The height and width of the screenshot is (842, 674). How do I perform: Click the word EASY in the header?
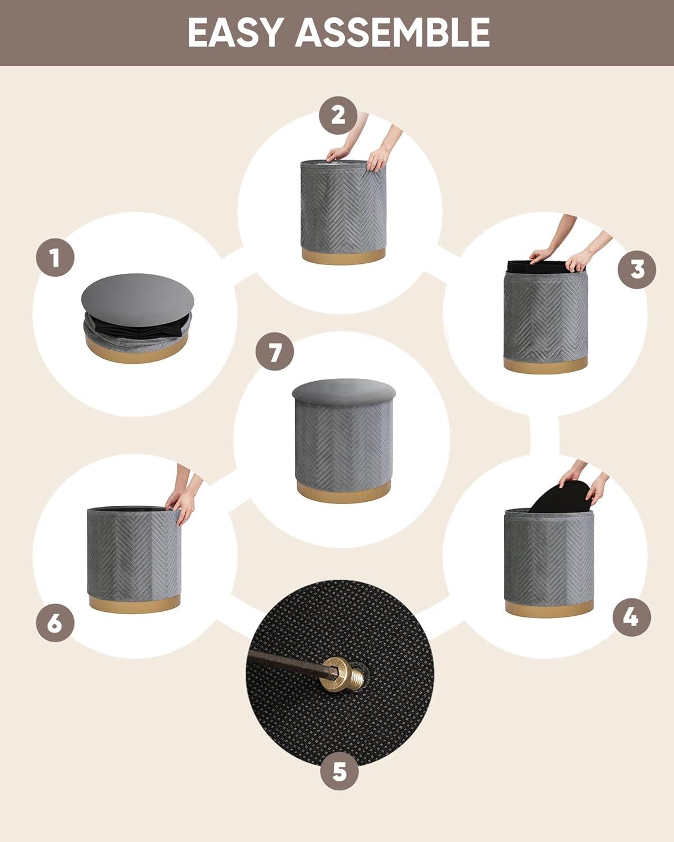click(x=234, y=33)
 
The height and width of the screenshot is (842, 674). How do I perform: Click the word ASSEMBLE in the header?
click(x=393, y=33)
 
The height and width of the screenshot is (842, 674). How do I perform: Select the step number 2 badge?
click(x=338, y=115)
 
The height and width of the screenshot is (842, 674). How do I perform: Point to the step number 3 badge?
click(x=637, y=269)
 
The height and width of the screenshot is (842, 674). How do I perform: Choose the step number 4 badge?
click(x=631, y=617)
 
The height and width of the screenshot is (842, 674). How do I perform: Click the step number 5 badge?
click(x=339, y=771)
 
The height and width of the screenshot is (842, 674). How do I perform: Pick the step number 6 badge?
click(x=55, y=623)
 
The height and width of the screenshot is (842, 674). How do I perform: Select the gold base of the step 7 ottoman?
click(x=344, y=492)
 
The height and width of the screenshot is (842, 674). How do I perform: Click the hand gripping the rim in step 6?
click(x=182, y=504)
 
